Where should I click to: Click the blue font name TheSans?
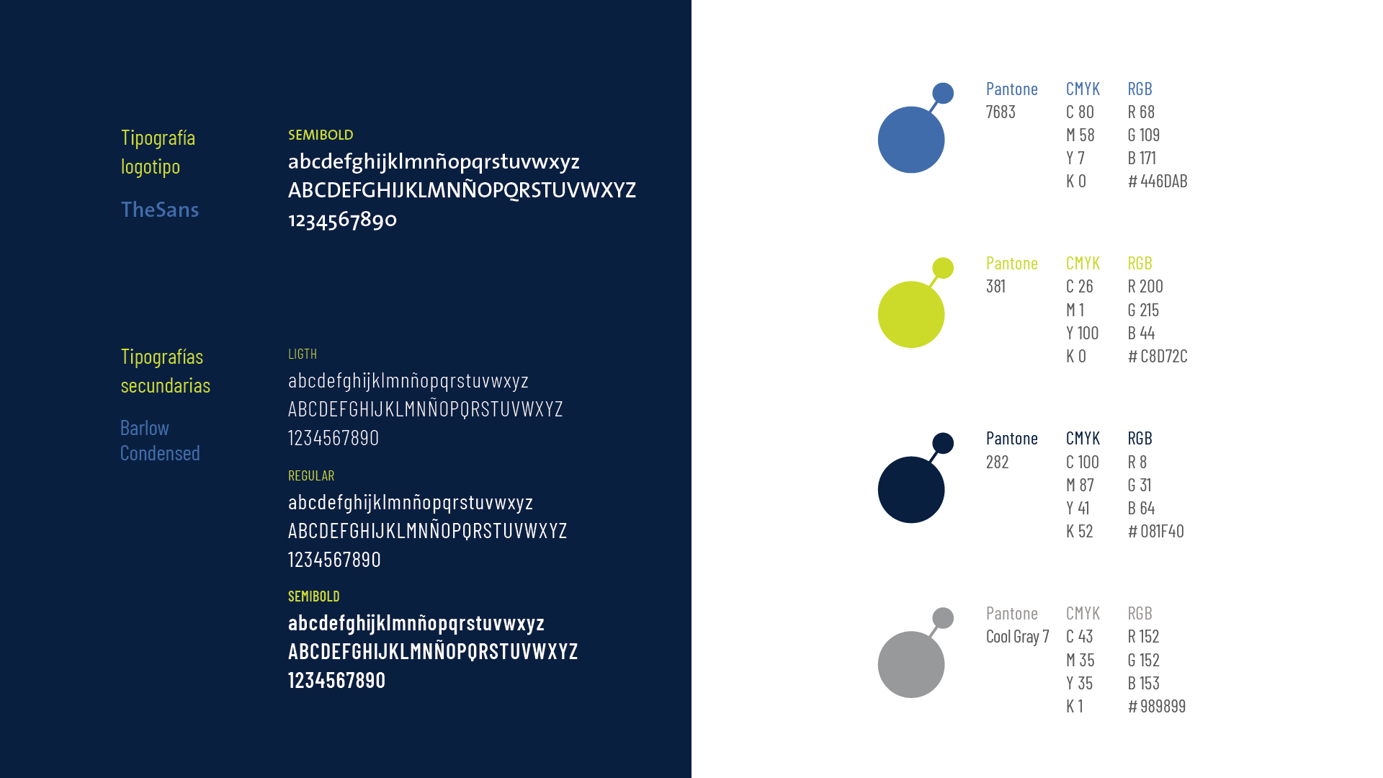[x=160, y=210]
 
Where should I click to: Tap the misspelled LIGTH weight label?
[x=303, y=354]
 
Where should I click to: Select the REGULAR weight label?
[x=311, y=475]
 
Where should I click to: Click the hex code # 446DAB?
[x=1158, y=181]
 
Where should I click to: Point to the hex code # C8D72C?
[x=1158, y=356]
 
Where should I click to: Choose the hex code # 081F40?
[x=1156, y=531]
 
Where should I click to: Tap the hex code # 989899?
[x=1157, y=706]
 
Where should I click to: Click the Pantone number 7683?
[x=1001, y=112]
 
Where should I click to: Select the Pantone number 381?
[x=995, y=286]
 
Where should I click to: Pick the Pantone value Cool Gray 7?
[x=1017, y=637]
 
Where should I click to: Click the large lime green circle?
[x=911, y=315]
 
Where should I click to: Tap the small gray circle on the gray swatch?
[x=943, y=618]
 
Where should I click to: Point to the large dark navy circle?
[x=911, y=490]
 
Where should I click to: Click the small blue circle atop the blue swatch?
[x=943, y=93]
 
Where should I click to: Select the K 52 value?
[x=1080, y=531]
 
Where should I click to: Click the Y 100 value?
[x=1083, y=333]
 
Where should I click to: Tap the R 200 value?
[x=1145, y=286]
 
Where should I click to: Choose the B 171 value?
[x=1142, y=158]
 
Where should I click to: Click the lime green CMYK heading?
[x=1083, y=263]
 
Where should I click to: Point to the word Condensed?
[x=160, y=453]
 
